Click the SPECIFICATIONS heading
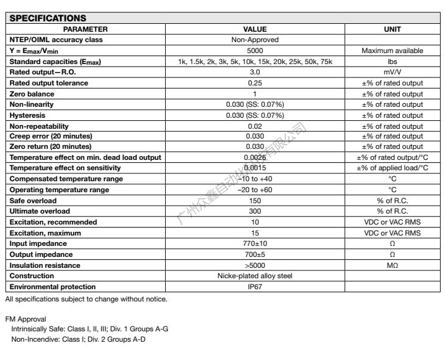47,18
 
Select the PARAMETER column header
85,29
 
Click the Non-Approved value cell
255,40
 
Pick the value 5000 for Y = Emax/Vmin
255,51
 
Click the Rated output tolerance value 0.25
255,83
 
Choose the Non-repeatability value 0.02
255,125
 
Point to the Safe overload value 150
255,200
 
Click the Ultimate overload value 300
255,211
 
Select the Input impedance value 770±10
255,243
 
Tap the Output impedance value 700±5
255,254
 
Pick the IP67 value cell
255,287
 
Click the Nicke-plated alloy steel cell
255,276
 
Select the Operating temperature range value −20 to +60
255,190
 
